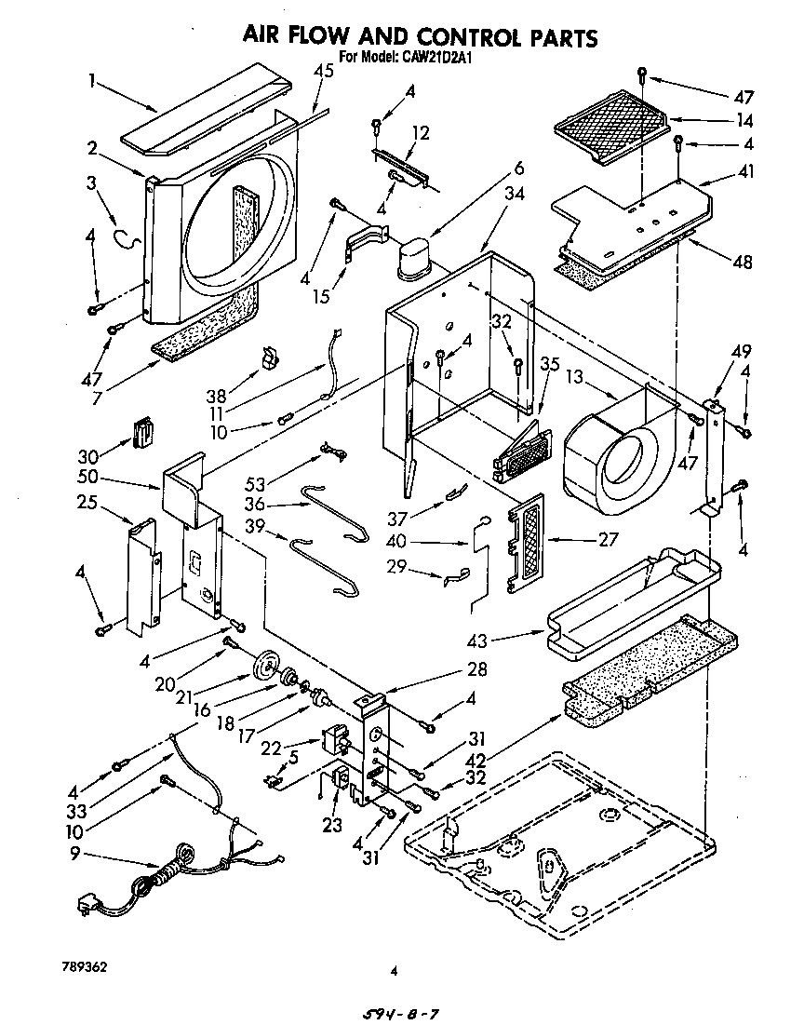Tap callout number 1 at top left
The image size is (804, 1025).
click(92, 80)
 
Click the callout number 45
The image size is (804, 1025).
click(323, 72)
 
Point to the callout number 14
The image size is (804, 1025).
click(744, 120)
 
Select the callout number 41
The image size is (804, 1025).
click(745, 171)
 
